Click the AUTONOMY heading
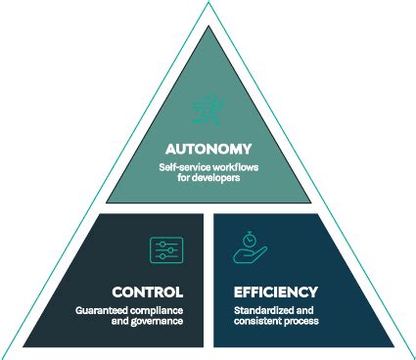[x=208, y=150]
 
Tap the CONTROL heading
[x=148, y=292]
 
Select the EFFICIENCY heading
[x=275, y=292]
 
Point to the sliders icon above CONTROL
[x=165, y=249]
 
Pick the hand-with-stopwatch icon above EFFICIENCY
[x=249, y=247]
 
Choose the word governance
[x=158, y=322]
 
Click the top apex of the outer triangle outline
[x=208, y=4]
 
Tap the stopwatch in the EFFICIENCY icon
[x=249, y=238]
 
